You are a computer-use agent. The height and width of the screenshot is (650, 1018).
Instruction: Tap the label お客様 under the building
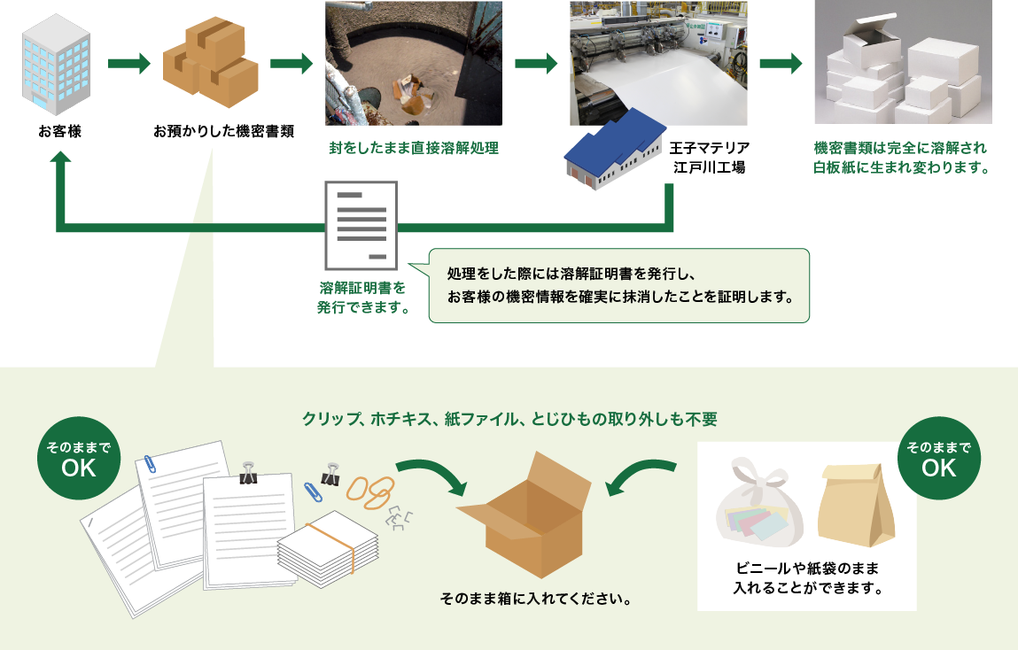click(x=59, y=133)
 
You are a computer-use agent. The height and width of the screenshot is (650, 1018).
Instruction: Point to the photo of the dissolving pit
click(x=413, y=63)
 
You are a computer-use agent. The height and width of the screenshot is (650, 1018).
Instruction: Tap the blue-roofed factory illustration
click(x=616, y=151)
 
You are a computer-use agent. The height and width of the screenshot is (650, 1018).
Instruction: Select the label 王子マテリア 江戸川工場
click(x=710, y=156)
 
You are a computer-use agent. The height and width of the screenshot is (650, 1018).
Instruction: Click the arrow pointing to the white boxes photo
click(x=781, y=64)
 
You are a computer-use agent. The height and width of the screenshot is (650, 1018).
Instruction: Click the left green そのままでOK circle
click(x=79, y=459)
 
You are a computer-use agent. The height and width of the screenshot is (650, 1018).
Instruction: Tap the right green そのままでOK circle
click(x=938, y=459)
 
